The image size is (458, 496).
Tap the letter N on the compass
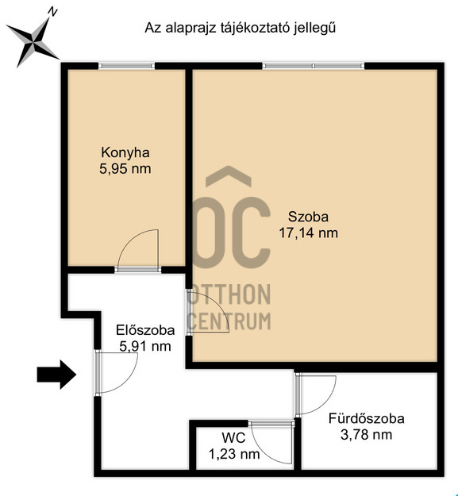point(52,12)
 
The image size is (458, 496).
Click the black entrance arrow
point(56,375)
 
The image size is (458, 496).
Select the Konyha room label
point(125,152)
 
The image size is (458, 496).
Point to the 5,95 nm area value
point(125,168)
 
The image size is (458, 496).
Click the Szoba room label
point(308,217)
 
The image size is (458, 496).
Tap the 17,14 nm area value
point(308,233)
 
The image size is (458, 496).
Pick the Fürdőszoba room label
point(367,418)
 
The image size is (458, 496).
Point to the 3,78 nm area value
point(367,434)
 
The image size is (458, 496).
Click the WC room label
point(233,438)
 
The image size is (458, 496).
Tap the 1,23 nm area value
point(233,455)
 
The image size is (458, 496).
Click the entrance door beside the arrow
point(115,373)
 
